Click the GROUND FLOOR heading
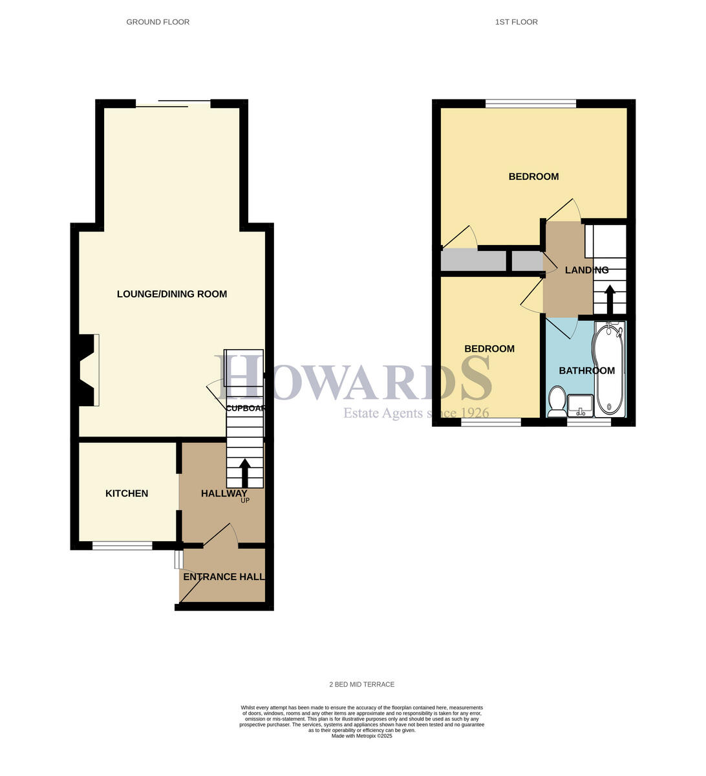158,22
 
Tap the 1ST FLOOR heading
516,22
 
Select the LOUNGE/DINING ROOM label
172,294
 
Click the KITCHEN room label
127,493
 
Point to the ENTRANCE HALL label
224,577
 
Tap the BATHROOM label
586,371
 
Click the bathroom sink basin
580,405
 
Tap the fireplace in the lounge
89,370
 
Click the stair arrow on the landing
609,299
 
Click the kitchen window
122,546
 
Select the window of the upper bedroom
531,103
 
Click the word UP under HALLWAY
245,501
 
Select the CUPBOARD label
245,408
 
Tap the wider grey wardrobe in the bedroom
473,261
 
